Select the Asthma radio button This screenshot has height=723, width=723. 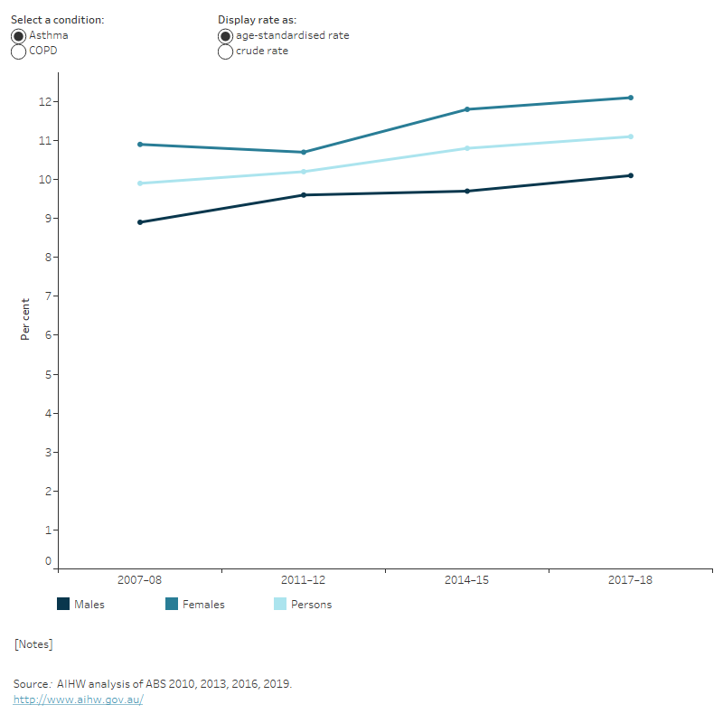coord(18,35)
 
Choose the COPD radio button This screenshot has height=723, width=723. coord(18,52)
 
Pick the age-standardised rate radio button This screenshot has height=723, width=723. coord(225,35)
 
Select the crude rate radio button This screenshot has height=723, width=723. coord(225,52)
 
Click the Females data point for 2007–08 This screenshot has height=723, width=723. coord(140,145)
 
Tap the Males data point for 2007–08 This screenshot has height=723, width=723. coord(140,222)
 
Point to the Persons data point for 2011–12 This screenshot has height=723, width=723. coord(304,172)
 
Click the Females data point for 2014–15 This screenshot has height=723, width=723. coord(467,109)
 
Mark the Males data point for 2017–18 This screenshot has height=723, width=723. coord(631,175)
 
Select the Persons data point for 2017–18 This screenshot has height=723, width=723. coord(631,136)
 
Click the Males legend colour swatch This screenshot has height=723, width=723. coord(63,604)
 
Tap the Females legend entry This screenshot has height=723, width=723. coord(194,605)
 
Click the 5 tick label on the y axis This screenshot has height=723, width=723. coord(48,374)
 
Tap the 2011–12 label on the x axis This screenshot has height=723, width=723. coord(304,580)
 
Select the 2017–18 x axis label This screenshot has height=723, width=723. coord(631,580)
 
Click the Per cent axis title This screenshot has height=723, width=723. coord(26,319)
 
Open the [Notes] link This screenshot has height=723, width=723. coord(33,644)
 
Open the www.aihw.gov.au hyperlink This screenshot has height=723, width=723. coord(78,700)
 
